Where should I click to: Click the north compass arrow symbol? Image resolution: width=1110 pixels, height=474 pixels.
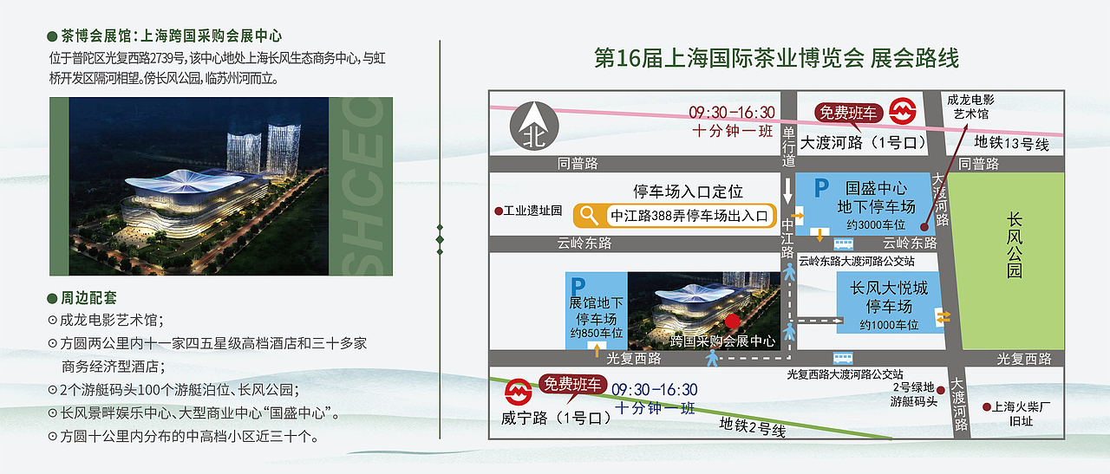534,126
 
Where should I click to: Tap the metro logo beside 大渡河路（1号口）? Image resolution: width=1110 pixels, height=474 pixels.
903,112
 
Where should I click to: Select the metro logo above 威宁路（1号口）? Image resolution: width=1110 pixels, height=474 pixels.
519,392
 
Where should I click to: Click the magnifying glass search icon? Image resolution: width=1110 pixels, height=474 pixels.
589,216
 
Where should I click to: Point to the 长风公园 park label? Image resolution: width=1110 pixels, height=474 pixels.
1015,245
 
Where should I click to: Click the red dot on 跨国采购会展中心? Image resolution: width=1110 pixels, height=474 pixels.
733,321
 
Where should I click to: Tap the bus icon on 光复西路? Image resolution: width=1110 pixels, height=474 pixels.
843,358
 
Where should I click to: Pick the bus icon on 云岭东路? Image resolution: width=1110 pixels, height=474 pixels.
844,243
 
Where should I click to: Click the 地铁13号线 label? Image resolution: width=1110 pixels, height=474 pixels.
1011,144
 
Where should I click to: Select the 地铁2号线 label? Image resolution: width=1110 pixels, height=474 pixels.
752,427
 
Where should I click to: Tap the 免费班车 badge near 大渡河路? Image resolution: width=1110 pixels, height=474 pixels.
848,113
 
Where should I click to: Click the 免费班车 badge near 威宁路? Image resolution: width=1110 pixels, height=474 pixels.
573,385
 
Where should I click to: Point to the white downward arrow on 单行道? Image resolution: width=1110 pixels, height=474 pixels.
787,191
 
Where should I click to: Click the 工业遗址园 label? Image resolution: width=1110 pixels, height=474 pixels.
528,211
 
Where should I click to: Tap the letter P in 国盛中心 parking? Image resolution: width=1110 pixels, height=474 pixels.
821,188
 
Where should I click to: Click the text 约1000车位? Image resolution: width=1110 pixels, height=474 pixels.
889,325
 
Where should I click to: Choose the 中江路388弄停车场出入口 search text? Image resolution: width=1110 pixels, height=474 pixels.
689,216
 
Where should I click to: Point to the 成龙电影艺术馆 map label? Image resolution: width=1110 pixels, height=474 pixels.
970,107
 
